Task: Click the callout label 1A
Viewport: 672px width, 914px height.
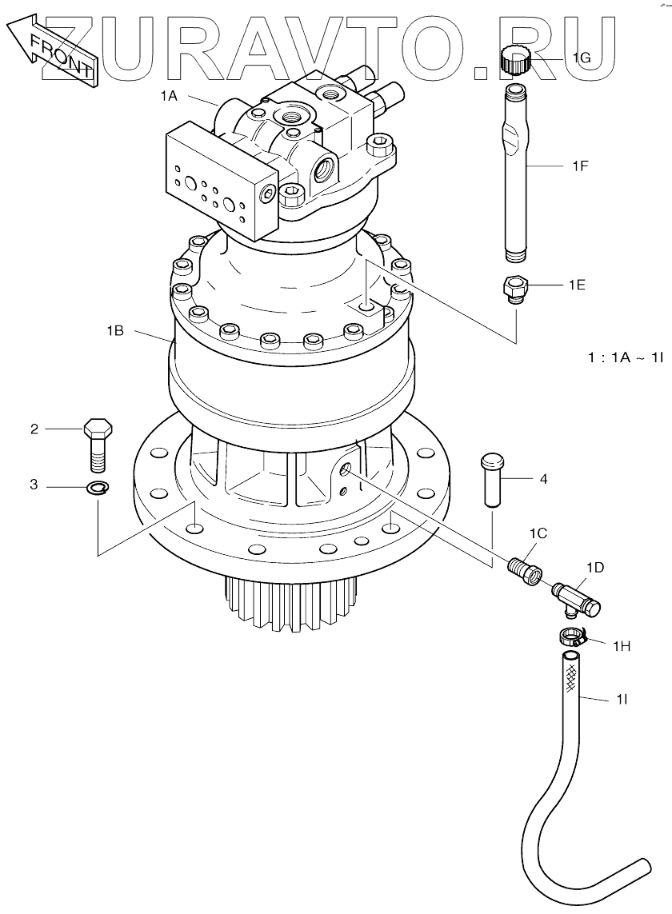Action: pos(169,96)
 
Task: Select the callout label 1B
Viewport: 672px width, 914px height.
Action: pos(115,331)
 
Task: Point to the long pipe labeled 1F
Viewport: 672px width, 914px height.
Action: pos(516,172)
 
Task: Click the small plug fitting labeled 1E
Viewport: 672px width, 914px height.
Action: pos(514,289)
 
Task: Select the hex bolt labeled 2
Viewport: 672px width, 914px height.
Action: pos(98,444)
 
